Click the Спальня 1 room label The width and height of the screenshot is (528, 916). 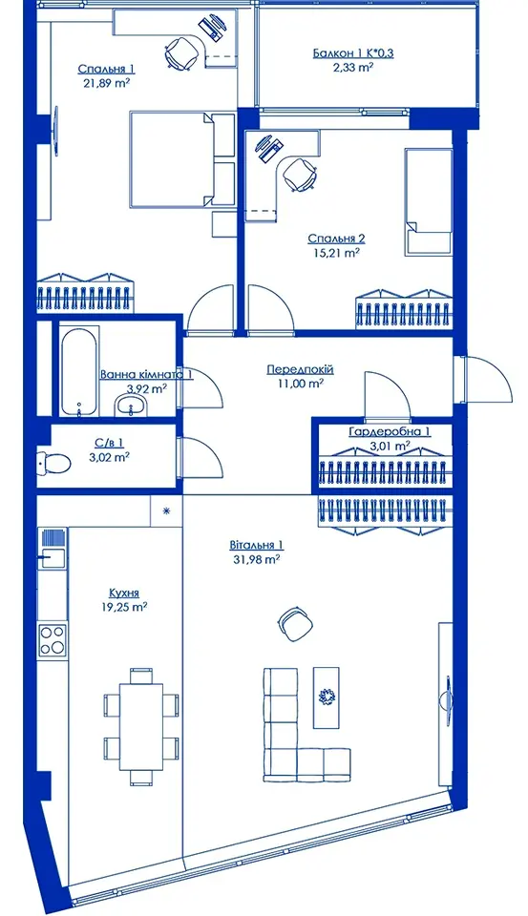(106, 70)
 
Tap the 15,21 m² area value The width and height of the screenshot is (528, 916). (336, 253)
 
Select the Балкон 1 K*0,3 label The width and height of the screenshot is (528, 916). (353, 53)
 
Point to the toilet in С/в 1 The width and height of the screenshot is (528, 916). (53, 464)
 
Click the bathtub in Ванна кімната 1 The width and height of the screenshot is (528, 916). (79, 372)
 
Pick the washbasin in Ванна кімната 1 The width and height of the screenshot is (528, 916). (132, 405)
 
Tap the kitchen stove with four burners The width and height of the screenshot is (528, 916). (53, 639)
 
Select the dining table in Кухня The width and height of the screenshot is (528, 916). (141, 726)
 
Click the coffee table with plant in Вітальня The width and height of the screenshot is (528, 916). (326, 697)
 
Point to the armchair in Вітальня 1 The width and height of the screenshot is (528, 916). (295, 624)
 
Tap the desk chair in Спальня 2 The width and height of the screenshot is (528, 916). (300, 174)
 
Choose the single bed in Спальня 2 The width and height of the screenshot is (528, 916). (429, 201)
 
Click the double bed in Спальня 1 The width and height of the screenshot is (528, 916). (181, 159)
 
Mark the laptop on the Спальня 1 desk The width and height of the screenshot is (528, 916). (212, 26)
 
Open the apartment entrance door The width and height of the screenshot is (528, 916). (482, 379)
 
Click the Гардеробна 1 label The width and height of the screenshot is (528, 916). (390, 432)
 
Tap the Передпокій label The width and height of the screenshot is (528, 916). (300, 370)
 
